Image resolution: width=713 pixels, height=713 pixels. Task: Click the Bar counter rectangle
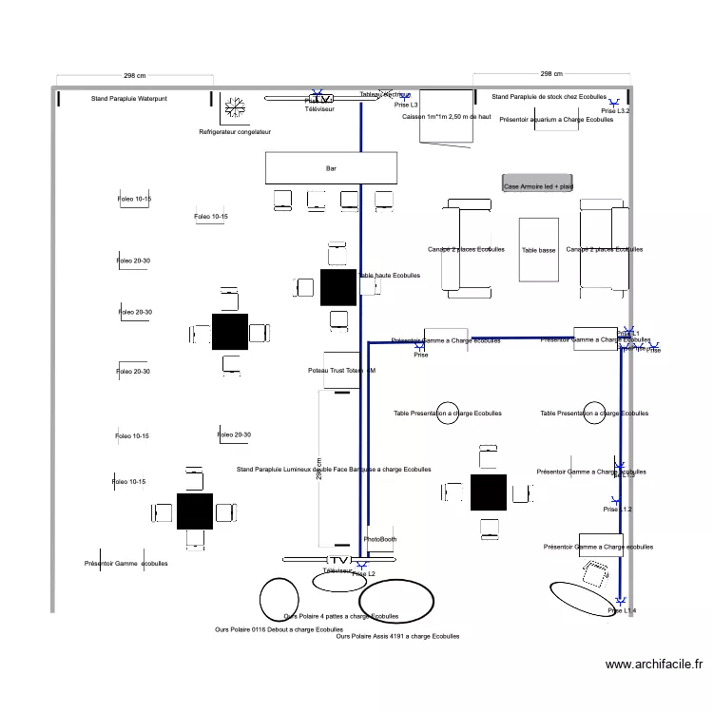331,168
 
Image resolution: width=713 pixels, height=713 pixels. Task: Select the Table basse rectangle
539,250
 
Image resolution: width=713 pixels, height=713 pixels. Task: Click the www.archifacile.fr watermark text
654,665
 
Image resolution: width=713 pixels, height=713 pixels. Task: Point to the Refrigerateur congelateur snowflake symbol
234,108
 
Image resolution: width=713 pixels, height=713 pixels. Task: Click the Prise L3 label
406,105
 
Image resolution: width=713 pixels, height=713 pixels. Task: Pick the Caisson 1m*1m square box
446,116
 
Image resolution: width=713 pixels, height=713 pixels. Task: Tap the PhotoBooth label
380,539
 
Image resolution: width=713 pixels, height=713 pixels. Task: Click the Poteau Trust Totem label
341,370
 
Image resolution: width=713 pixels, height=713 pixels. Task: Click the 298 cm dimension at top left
135,75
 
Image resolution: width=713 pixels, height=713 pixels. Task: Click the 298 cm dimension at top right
551,73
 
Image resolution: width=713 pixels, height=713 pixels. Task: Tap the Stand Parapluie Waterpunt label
129,99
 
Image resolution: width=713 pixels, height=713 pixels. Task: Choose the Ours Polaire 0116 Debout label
279,629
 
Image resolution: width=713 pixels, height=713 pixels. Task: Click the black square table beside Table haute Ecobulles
337,287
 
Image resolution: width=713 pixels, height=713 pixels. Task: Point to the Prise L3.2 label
615,111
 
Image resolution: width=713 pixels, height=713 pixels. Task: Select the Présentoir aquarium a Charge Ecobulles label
556,120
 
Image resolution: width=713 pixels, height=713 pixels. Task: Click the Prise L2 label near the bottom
363,574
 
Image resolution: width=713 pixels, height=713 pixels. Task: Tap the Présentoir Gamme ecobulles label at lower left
125,564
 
